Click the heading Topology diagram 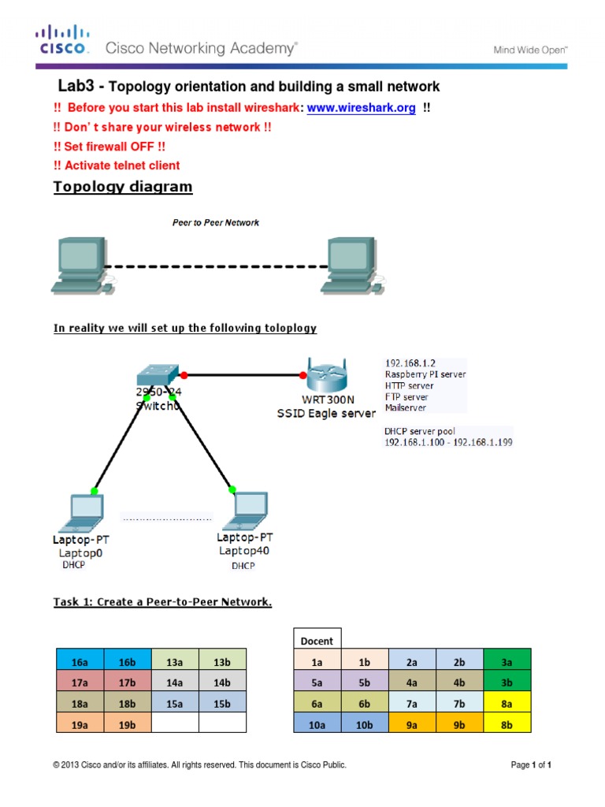pos(122,187)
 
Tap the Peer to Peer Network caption pos(216,223)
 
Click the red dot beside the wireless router pos(304,375)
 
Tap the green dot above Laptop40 pos(232,489)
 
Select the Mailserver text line pos(406,408)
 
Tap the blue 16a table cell pos(80,660)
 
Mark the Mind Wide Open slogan pos(530,50)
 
